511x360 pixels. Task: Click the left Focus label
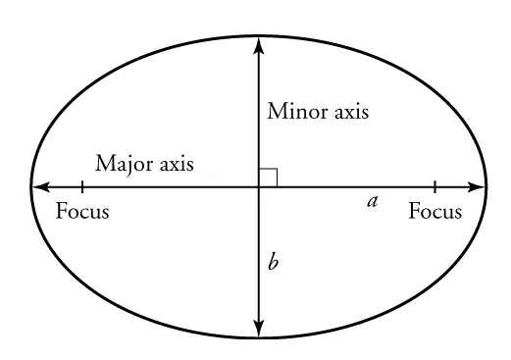(x=82, y=212)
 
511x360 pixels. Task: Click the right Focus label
(x=434, y=212)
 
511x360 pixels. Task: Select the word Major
(x=124, y=164)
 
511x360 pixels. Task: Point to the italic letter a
(x=372, y=202)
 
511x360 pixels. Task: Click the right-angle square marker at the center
(x=268, y=177)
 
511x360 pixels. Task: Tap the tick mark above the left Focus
(x=82, y=186)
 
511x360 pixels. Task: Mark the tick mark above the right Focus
(x=434, y=186)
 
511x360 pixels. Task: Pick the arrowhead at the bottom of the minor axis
(x=258, y=330)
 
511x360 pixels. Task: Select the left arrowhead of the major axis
(x=40, y=186)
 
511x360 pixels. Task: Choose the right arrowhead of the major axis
(x=478, y=186)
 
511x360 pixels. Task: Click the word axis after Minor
(x=350, y=112)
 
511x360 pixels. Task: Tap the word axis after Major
(x=175, y=164)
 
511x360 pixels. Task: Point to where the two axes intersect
(x=258, y=186)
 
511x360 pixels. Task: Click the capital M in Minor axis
(x=276, y=112)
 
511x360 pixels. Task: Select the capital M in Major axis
(x=103, y=164)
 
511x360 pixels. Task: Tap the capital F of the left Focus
(x=61, y=212)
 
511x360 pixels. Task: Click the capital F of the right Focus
(x=414, y=212)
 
